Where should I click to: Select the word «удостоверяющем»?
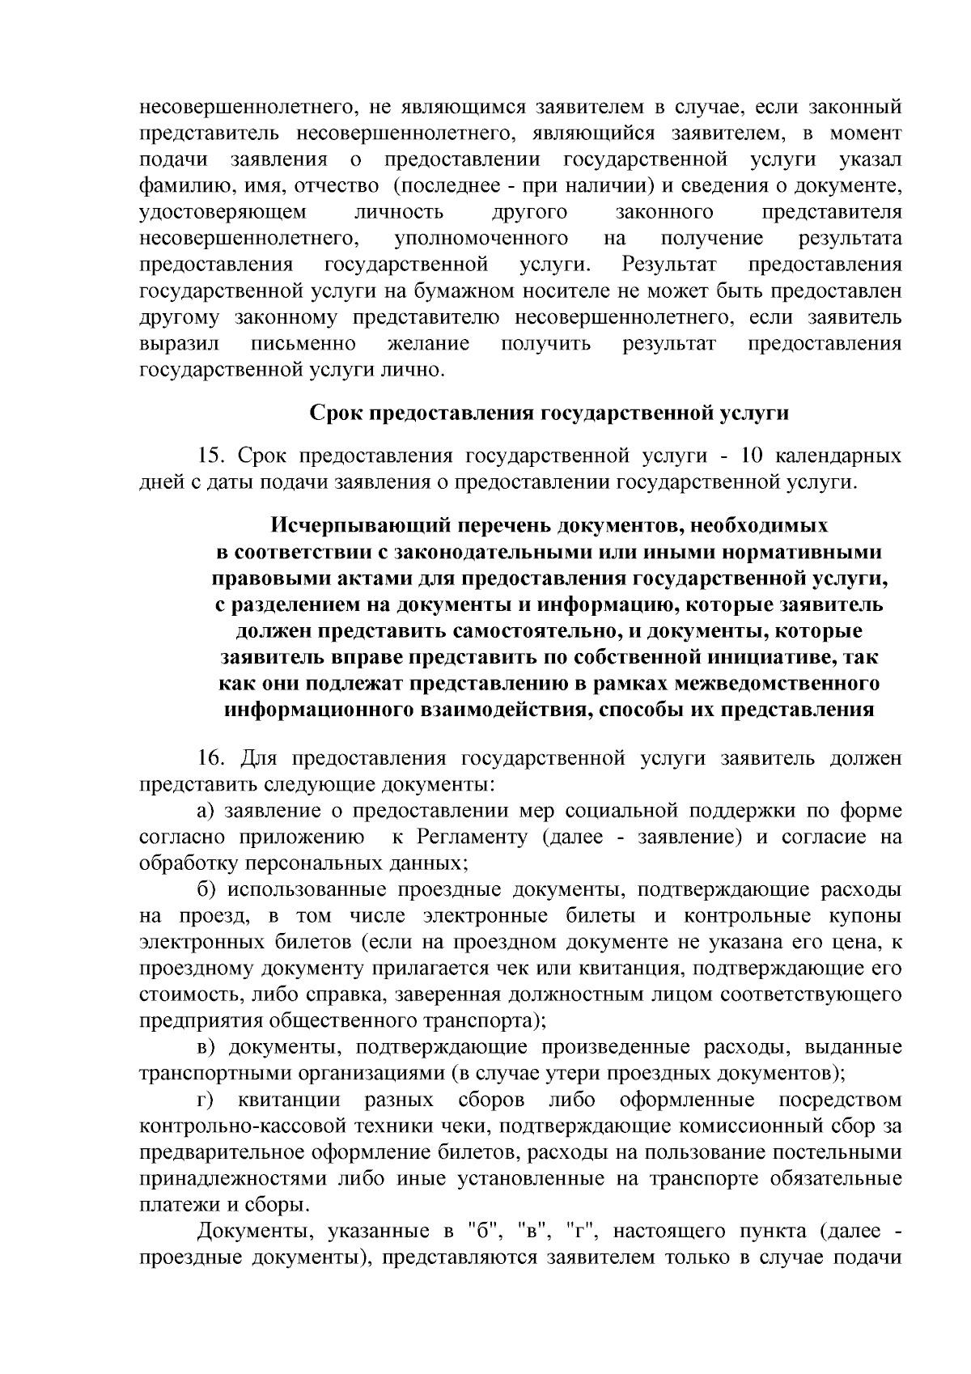pyautogui.click(x=223, y=213)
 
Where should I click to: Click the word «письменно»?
pyautogui.click(x=303, y=344)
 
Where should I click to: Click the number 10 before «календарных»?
pyautogui.click(x=753, y=456)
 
